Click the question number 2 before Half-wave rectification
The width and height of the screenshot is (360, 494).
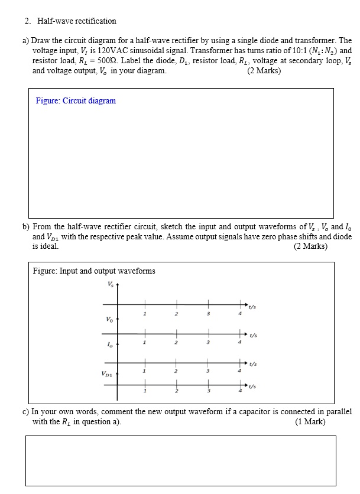[x=27, y=21]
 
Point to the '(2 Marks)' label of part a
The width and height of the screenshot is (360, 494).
[x=264, y=71]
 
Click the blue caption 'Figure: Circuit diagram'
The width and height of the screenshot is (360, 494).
[x=76, y=100]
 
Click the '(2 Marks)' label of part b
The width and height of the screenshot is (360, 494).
[x=310, y=246]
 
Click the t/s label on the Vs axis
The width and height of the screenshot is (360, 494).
[x=252, y=307]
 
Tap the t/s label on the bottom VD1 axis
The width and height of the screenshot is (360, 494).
[x=252, y=387]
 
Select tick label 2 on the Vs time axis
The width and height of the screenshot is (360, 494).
[x=176, y=314]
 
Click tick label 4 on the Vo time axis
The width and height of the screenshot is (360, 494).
[x=241, y=342]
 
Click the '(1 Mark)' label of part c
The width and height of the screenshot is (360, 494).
[x=310, y=422]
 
